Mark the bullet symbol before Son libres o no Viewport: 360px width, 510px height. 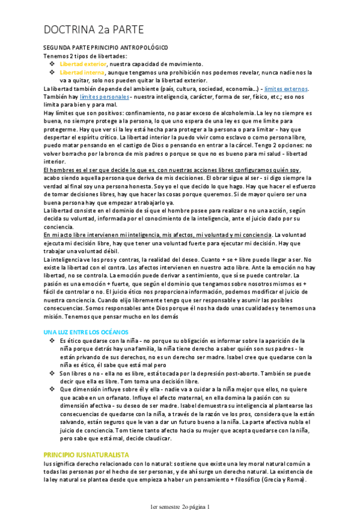[52, 373]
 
